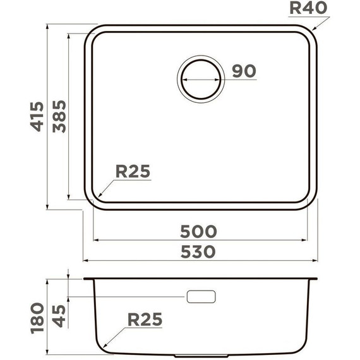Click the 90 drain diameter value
pos(243,71)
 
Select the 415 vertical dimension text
pos(37,116)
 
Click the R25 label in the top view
pos(133,171)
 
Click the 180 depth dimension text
pos(37,318)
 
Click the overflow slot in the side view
pos(201,296)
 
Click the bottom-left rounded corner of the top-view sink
pos(93,201)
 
